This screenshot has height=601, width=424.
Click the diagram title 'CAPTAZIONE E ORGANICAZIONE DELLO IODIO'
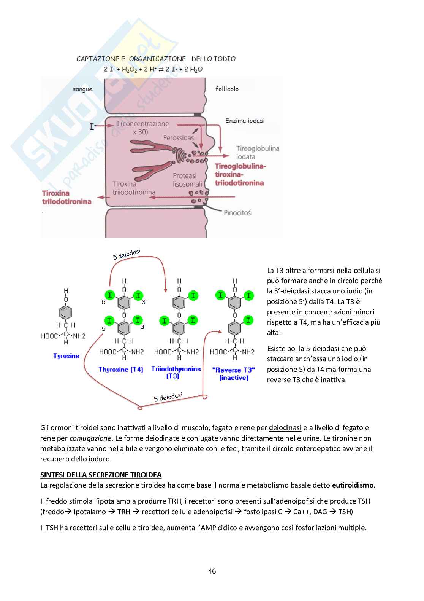click(156, 59)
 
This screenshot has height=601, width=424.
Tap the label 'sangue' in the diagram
click(82, 89)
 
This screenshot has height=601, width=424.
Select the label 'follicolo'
click(227, 89)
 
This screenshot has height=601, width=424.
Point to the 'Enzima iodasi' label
click(245, 121)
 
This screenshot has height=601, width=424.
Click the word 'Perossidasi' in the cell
click(179, 137)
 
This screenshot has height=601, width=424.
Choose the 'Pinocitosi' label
click(238, 212)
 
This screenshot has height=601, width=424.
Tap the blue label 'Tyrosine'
click(66, 356)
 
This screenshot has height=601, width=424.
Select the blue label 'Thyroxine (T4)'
click(120, 369)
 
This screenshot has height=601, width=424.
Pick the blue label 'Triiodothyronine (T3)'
click(176, 372)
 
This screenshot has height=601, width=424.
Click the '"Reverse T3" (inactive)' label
click(234, 373)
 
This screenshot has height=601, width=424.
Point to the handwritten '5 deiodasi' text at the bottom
click(168, 397)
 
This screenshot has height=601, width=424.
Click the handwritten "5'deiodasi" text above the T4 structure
click(127, 254)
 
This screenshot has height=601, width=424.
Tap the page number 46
click(212, 571)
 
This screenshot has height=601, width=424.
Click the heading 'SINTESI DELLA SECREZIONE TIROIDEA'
click(101, 475)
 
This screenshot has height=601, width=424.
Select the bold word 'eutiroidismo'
click(353, 485)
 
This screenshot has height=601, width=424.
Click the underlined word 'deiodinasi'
click(285, 428)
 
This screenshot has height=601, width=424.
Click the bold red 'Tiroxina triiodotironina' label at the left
click(67, 197)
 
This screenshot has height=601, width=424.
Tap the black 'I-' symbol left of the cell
click(92, 126)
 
